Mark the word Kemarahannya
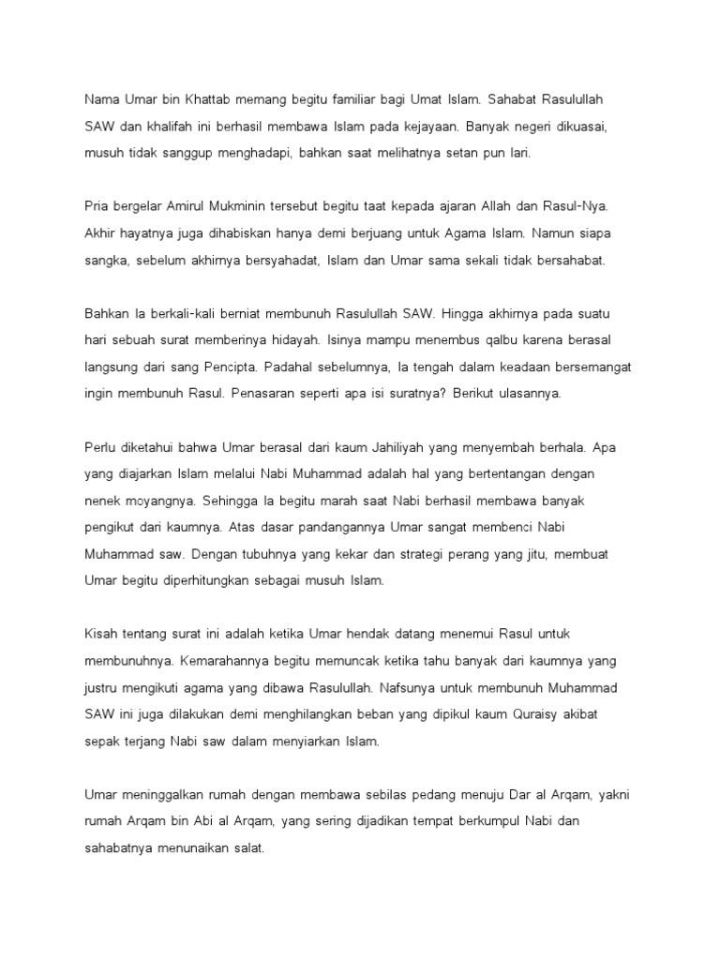199,663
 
